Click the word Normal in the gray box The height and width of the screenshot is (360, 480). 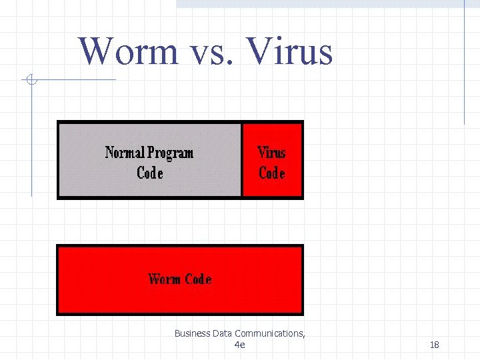(x=125, y=153)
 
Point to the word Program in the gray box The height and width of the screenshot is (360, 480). (x=170, y=153)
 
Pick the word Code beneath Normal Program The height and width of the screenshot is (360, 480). (x=149, y=173)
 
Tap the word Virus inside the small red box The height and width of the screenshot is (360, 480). (x=271, y=153)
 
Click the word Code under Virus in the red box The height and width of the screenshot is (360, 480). (x=271, y=173)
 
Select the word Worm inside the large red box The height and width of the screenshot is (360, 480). (x=164, y=279)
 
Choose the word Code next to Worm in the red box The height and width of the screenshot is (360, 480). (x=198, y=279)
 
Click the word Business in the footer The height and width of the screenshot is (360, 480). (x=192, y=333)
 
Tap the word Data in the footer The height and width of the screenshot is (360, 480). (x=224, y=333)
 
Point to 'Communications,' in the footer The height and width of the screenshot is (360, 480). (x=270, y=333)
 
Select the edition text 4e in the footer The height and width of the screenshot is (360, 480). (x=240, y=345)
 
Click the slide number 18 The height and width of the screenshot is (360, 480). (x=434, y=345)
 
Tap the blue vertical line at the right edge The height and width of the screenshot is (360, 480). (x=464, y=67)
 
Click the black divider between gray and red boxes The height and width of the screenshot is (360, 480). (x=241, y=160)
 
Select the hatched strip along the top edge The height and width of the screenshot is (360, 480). (x=320, y=3)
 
